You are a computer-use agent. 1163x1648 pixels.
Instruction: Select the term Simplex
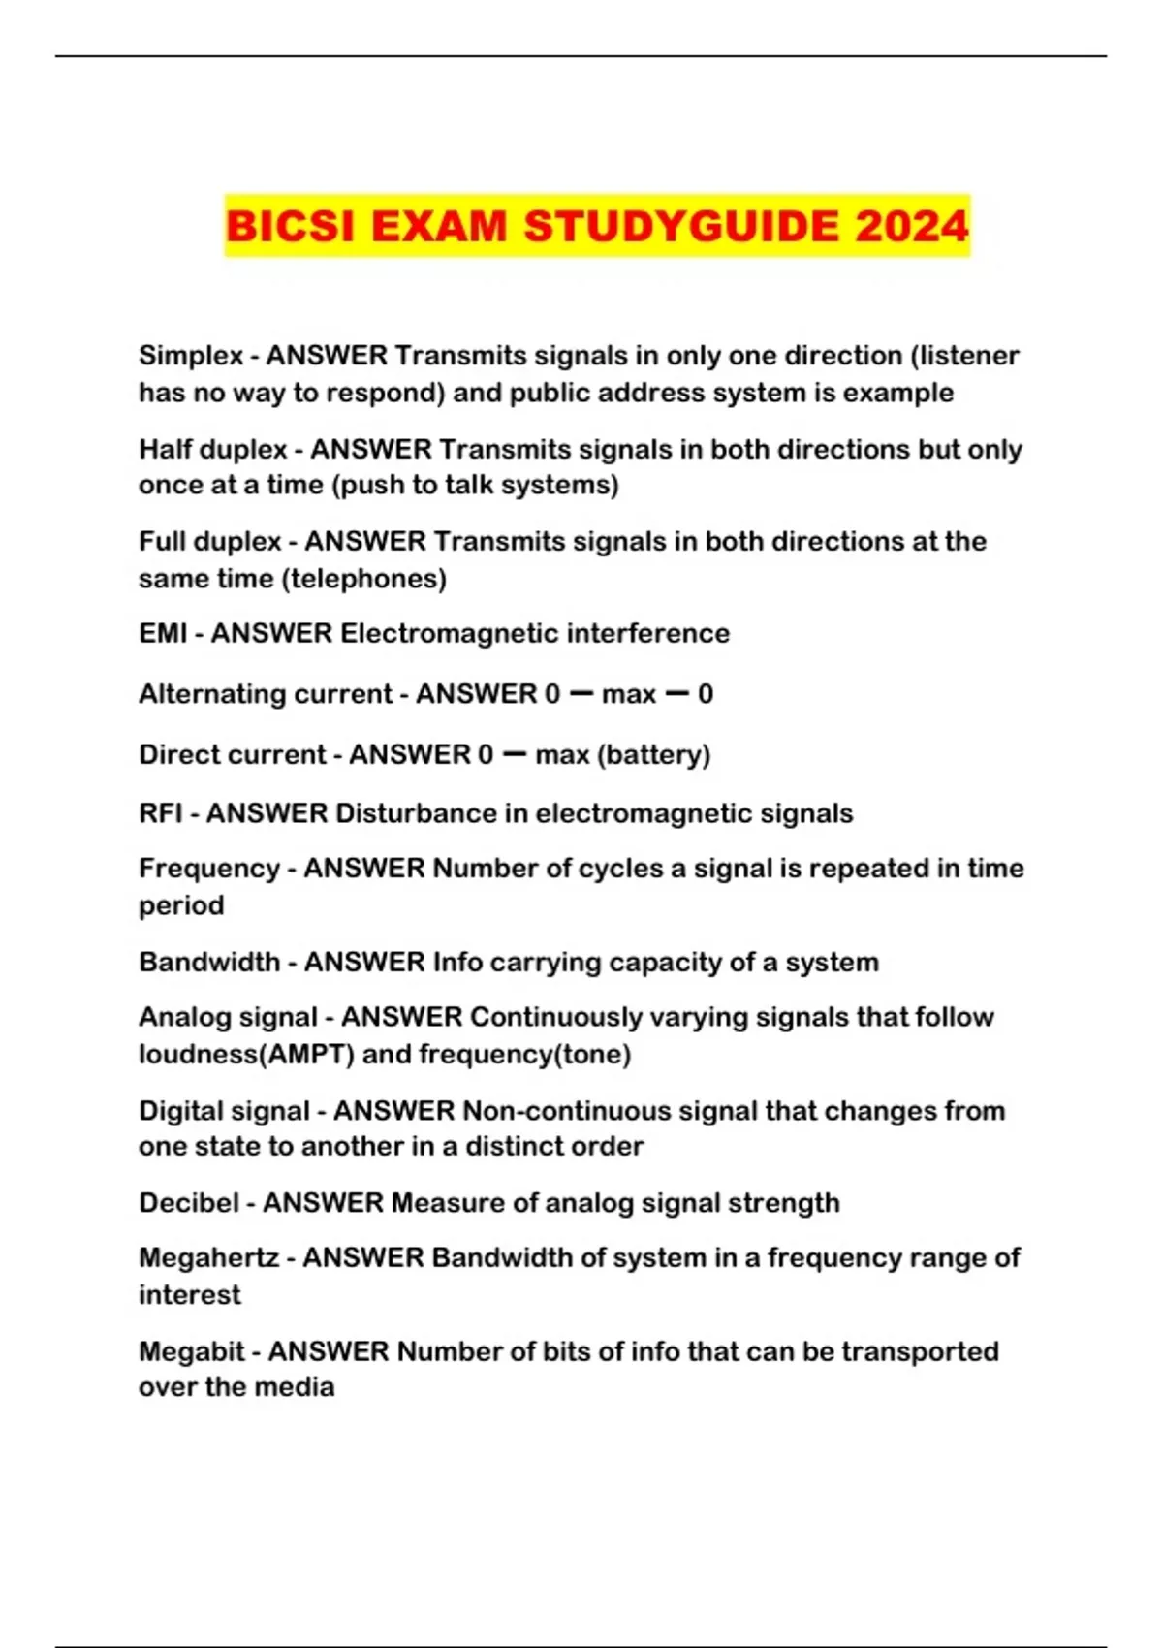click(191, 356)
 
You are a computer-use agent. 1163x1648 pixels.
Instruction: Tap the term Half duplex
click(213, 450)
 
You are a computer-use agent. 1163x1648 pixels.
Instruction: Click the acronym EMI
click(163, 633)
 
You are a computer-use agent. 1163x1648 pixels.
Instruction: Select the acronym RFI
click(161, 812)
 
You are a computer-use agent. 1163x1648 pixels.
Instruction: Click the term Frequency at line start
click(209, 868)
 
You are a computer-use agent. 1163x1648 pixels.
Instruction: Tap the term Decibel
click(189, 1203)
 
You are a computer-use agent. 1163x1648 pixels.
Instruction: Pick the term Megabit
click(192, 1351)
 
